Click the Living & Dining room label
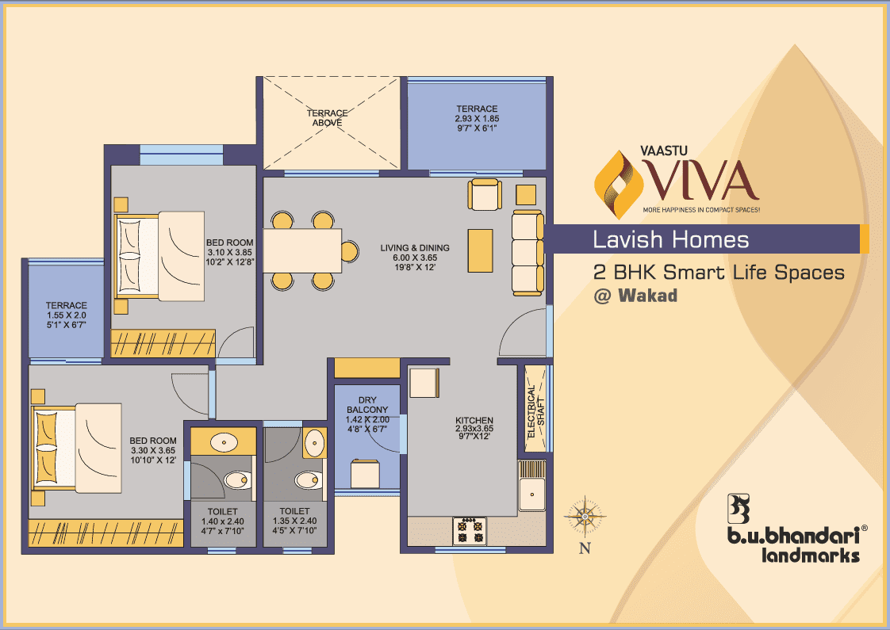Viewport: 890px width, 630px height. pos(415,257)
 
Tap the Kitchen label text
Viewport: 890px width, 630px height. pos(474,428)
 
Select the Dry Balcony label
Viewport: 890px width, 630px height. pos(368,414)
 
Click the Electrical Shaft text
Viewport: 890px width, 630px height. pos(535,412)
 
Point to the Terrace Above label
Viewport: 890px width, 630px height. pos(327,117)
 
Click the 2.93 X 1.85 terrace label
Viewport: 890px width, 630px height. pos(477,118)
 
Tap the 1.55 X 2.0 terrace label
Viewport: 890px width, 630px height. pos(67,315)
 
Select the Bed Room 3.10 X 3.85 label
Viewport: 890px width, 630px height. pos(230,252)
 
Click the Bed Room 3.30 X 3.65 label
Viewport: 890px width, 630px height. pos(153,450)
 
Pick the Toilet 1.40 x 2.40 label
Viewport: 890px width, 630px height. pos(222,521)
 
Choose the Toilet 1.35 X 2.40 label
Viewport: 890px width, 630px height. pos(294,521)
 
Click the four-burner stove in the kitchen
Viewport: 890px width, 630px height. pos(470,531)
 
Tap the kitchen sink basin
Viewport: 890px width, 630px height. pos(531,494)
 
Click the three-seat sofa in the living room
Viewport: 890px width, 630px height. pos(527,253)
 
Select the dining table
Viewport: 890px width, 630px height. pos(302,250)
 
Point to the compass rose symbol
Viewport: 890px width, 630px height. pos(585,517)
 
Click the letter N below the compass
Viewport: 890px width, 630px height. pos(585,548)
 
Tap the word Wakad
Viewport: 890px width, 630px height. pos(647,296)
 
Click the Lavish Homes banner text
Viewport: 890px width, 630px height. pos(671,239)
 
